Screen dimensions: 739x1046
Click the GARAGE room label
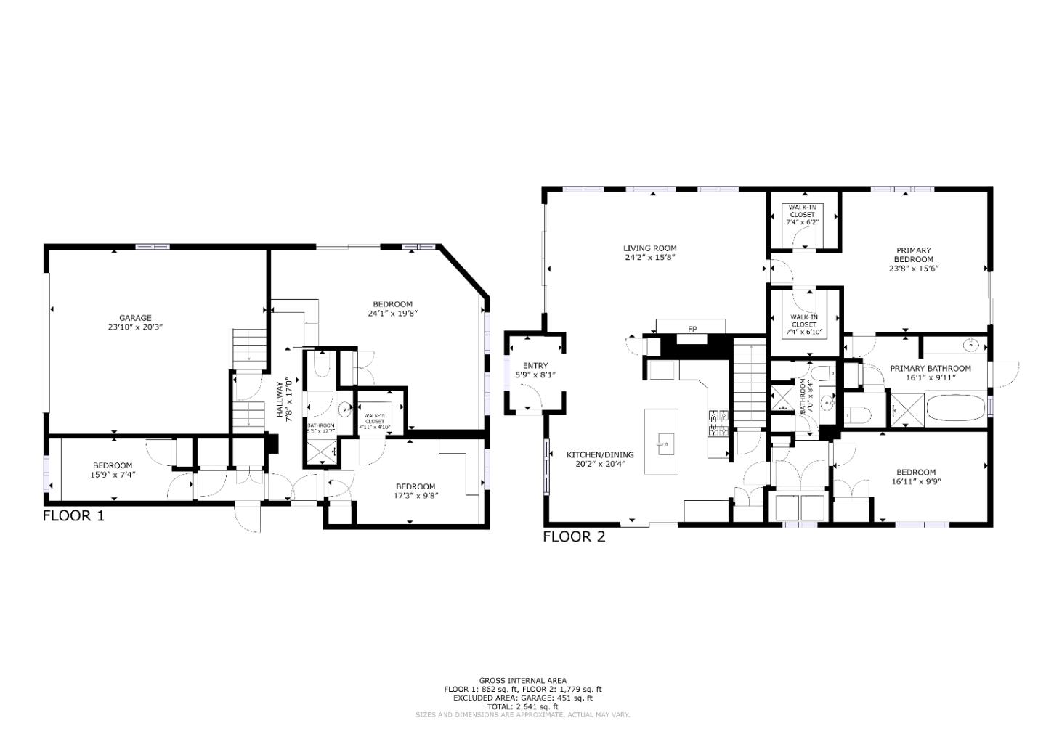135,317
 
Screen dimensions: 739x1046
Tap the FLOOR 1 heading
73,516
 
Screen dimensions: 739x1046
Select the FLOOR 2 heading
574,537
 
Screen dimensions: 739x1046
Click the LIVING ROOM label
650,248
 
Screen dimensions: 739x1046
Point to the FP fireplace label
692,330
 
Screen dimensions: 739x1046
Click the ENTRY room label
535,366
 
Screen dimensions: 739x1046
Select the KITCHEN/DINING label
600,455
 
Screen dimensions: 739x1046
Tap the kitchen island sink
663,441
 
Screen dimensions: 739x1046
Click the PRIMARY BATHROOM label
931,369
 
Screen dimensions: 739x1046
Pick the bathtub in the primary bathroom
955,409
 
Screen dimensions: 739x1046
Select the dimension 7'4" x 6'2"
802,222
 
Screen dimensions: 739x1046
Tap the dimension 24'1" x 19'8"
392,314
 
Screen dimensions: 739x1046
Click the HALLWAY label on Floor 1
280,399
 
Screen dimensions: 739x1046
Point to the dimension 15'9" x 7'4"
112,475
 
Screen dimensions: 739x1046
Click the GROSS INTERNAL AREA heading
522,681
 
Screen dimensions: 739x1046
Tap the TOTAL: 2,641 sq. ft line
522,706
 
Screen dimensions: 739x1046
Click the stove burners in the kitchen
718,422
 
